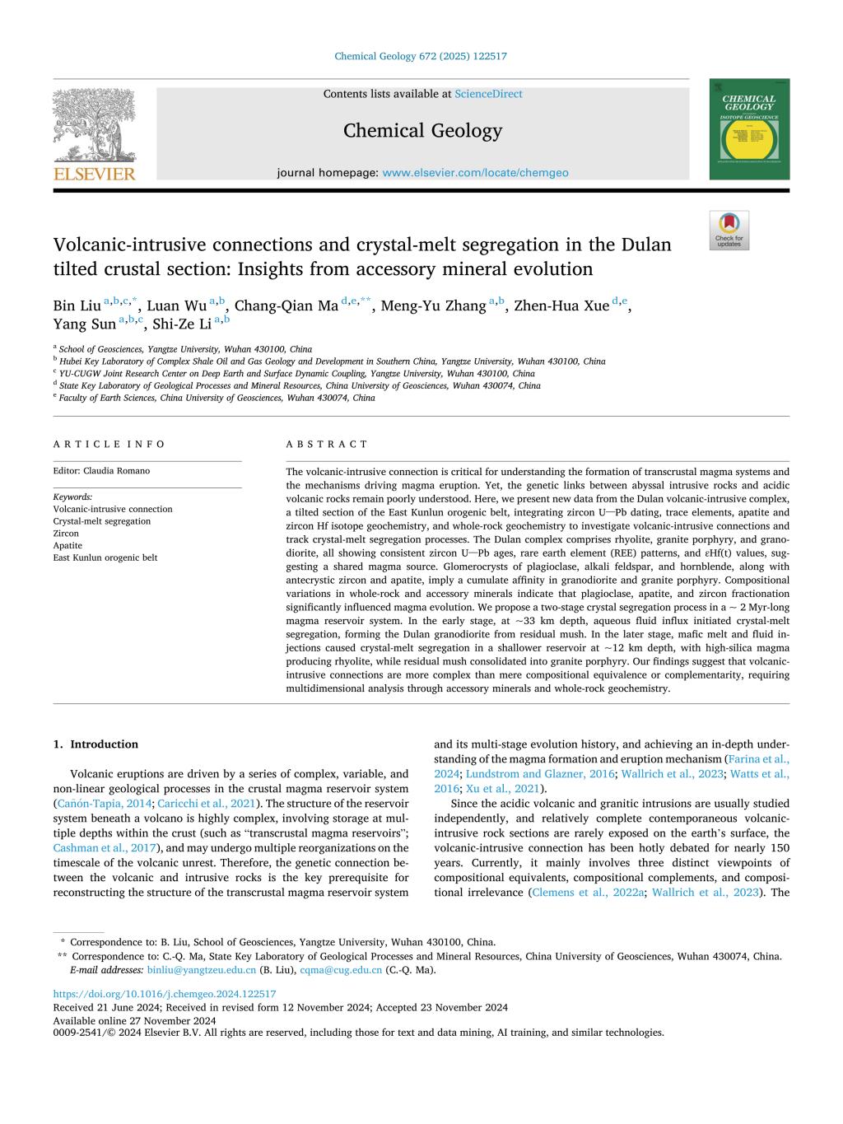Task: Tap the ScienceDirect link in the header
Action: pyautogui.click(x=488, y=94)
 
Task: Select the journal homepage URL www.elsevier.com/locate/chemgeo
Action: pyautogui.click(x=475, y=173)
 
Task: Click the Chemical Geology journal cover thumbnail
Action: pyautogui.click(x=749, y=129)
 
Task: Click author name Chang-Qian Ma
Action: pyautogui.click(x=286, y=306)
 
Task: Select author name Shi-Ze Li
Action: pyautogui.click(x=182, y=324)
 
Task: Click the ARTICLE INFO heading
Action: pyautogui.click(x=109, y=444)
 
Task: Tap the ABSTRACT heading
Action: pyautogui.click(x=327, y=444)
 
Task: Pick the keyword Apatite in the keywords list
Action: pyautogui.click(x=68, y=545)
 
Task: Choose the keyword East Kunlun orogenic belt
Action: pyautogui.click(x=105, y=557)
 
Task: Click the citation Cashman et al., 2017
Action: pyautogui.click(x=105, y=847)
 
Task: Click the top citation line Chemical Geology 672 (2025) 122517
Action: pyautogui.click(x=421, y=56)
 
